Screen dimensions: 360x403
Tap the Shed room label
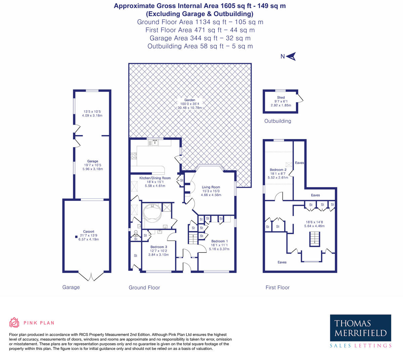pyautogui.click(x=281, y=97)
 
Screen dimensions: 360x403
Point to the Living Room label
pyautogui.click(x=211, y=187)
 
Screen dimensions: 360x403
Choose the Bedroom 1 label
pyautogui.click(x=219, y=241)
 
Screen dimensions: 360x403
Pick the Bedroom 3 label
pyautogui.click(x=159, y=247)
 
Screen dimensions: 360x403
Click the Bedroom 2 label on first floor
pyautogui.click(x=278, y=170)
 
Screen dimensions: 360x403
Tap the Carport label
pyautogui.click(x=89, y=231)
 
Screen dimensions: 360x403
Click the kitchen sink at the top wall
pyautogui.click(x=155, y=142)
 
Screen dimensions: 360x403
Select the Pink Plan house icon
pyautogui.click(x=14, y=323)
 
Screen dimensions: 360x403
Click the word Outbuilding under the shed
pyautogui.click(x=277, y=121)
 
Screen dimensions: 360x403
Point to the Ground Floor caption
pyautogui.click(x=144, y=287)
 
